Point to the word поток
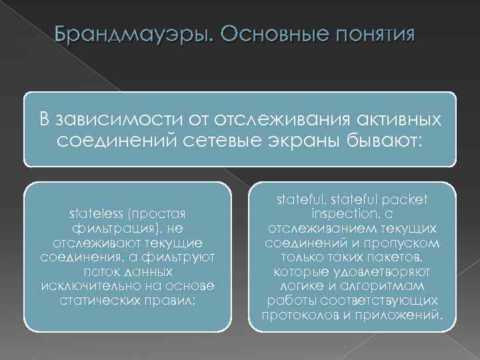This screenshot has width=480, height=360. click(x=99, y=272)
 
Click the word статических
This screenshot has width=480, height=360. click(x=107, y=300)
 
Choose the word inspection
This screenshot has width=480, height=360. click(x=339, y=215)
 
